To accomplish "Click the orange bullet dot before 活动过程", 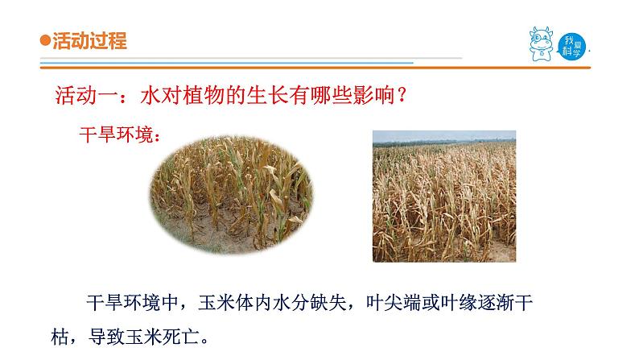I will (45, 42).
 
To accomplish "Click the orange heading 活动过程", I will (89, 42).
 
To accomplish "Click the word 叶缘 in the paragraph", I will (455, 304).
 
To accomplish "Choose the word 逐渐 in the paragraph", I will (496, 304).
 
